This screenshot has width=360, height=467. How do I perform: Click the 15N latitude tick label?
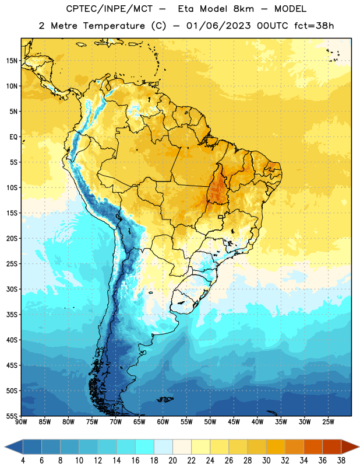[x=12, y=61]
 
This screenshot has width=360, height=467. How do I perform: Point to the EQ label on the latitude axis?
[x=13, y=137]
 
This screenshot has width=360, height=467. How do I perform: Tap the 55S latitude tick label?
[x=12, y=416]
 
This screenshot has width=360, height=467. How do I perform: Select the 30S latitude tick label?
[x=12, y=289]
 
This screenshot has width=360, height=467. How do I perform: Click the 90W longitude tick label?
[x=21, y=422]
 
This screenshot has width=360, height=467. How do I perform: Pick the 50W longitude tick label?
[x=210, y=422]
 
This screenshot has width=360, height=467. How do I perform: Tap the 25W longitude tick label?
[x=328, y=422]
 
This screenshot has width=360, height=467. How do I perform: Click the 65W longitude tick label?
[x=139, y=422]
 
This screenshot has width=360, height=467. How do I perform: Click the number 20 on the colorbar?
[x=172, y=461]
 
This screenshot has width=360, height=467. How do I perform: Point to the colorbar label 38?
[x=341, y=461]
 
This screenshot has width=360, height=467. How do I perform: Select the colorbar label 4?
[x=23, y=461]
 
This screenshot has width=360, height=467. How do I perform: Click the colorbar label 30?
[x=266, y=461]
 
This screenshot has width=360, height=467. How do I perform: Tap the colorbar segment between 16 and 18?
[x=145, y=447]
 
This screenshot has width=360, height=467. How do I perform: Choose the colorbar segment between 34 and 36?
[x=313, y=447]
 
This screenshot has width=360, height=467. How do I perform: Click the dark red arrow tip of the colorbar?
[x=358, y=447]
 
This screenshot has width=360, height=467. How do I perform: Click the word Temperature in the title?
[x=114, y=26]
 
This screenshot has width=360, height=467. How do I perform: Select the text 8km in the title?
[x=243, y=9]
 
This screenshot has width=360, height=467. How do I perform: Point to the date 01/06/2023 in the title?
[x=218, y=26]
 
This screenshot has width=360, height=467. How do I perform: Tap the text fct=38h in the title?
[x=314, y=26]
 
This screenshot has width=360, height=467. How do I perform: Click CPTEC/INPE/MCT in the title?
[x=110, y=9]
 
